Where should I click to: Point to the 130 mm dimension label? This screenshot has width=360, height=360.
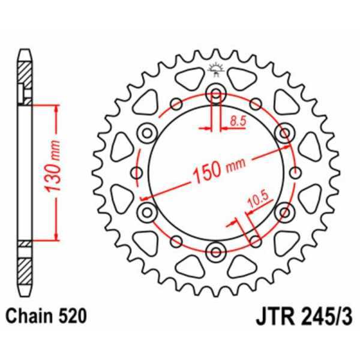click(x=53, y=172)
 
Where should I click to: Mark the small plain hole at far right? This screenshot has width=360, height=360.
click(x=294, y=173)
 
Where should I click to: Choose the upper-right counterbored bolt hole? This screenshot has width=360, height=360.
click(x=284, y=131)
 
